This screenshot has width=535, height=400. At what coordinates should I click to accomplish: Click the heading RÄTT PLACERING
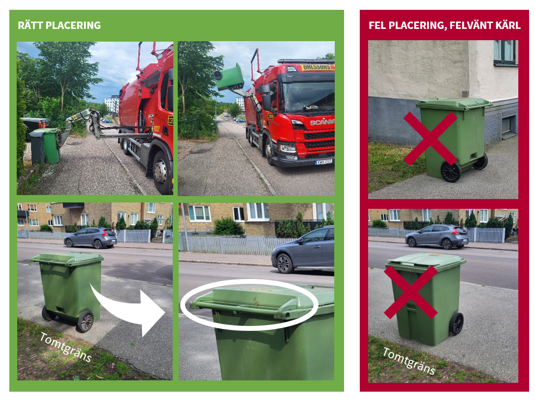tap(59, 25)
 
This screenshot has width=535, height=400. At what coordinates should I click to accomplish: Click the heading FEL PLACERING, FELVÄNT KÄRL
tap(444, 25)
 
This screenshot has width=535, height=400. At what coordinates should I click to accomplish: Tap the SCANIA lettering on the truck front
tap(322, 122)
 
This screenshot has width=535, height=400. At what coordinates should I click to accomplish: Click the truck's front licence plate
tap(323, 162)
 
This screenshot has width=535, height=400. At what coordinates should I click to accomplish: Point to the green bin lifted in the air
tap(229, 77)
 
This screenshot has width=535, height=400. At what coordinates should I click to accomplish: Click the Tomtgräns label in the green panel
tap(66, 347)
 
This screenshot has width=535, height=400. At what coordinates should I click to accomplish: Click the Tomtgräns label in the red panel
tap(409, 361)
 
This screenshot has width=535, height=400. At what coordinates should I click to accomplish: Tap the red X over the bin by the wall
tap(430, 139)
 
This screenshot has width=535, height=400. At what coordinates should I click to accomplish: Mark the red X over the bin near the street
tap(411, 292)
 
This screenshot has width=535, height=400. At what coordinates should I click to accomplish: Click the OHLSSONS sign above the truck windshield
tap(317, 67)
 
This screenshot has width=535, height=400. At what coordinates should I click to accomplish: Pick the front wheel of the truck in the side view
tap(161, 172)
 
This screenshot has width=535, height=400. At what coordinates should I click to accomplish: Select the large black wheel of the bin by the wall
tap(451, 172)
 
